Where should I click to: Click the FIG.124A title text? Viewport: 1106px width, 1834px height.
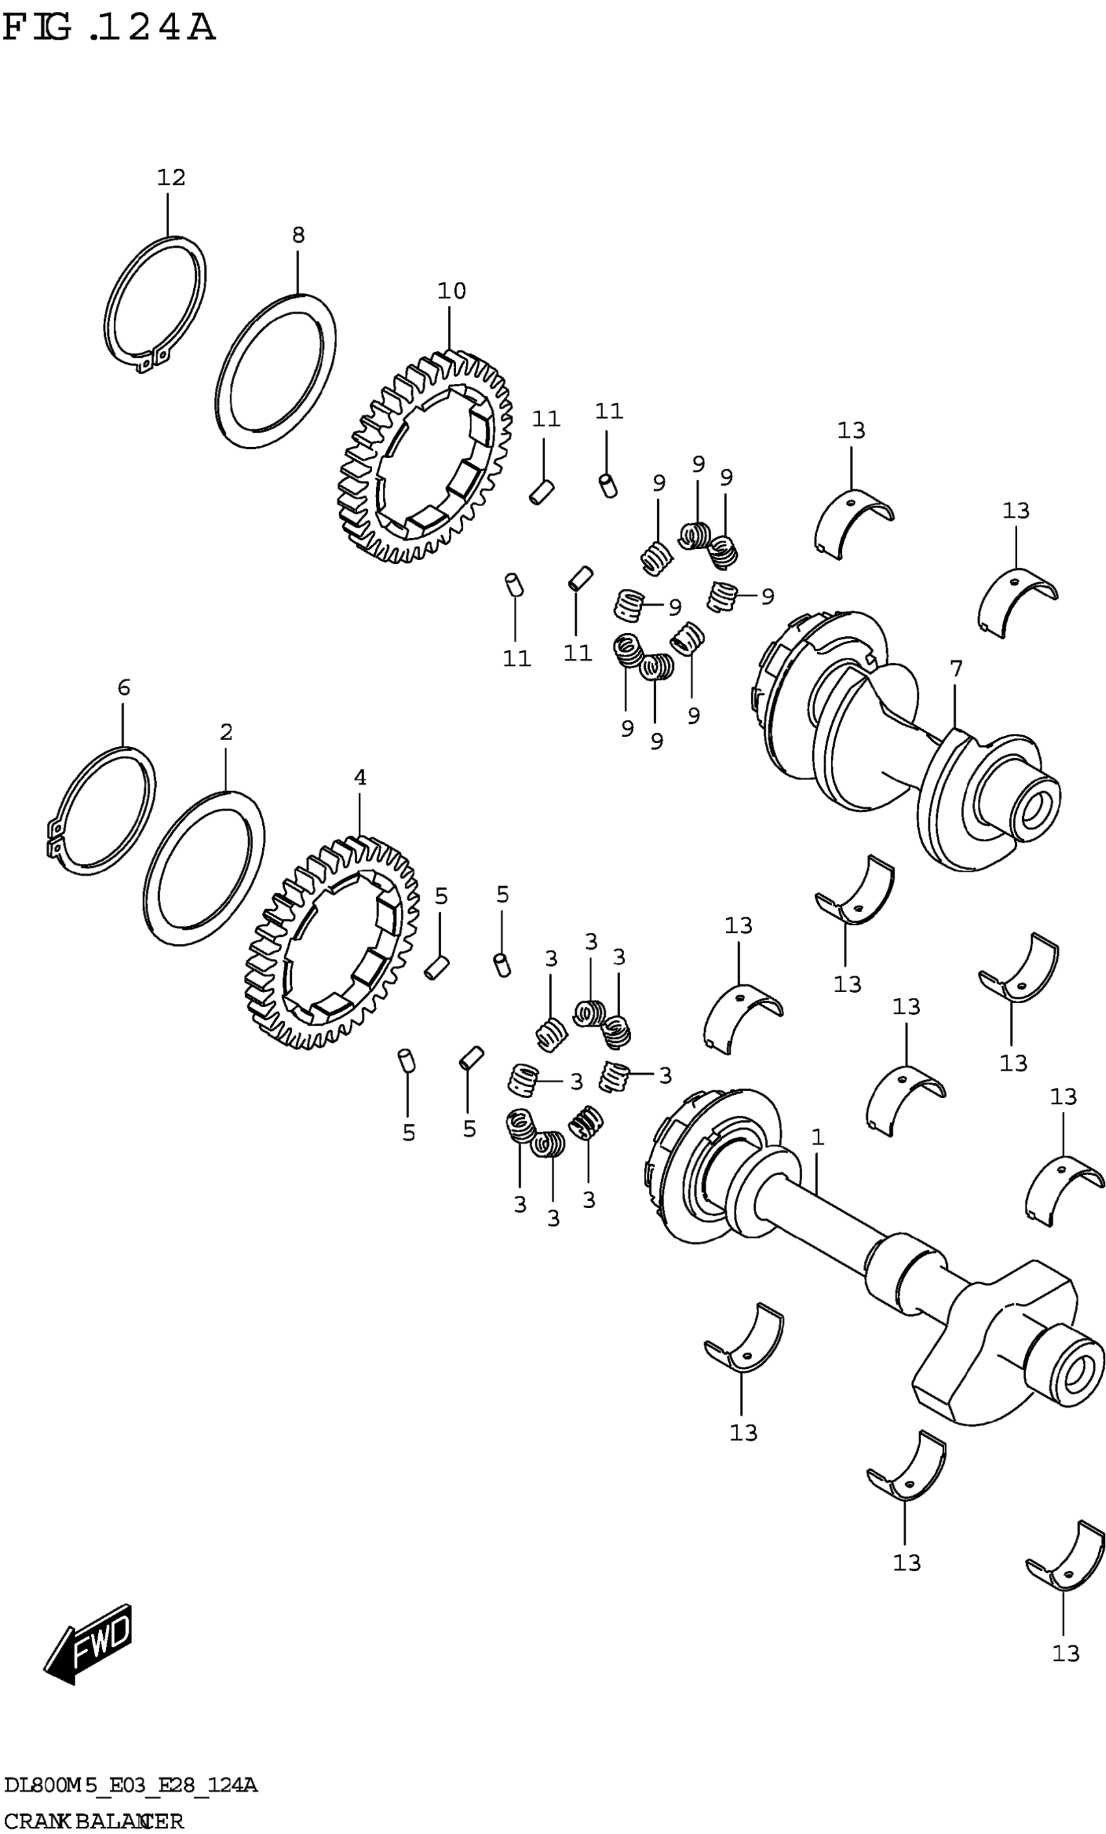109,28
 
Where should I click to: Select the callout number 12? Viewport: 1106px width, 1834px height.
170,177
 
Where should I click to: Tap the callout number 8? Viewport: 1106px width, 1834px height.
298,236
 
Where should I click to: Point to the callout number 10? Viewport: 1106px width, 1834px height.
451,290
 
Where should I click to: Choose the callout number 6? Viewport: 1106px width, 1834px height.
124,687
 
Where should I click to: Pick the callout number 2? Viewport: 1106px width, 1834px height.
226,732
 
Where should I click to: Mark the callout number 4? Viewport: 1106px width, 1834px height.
360,778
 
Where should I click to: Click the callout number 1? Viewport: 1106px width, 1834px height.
817,1137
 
